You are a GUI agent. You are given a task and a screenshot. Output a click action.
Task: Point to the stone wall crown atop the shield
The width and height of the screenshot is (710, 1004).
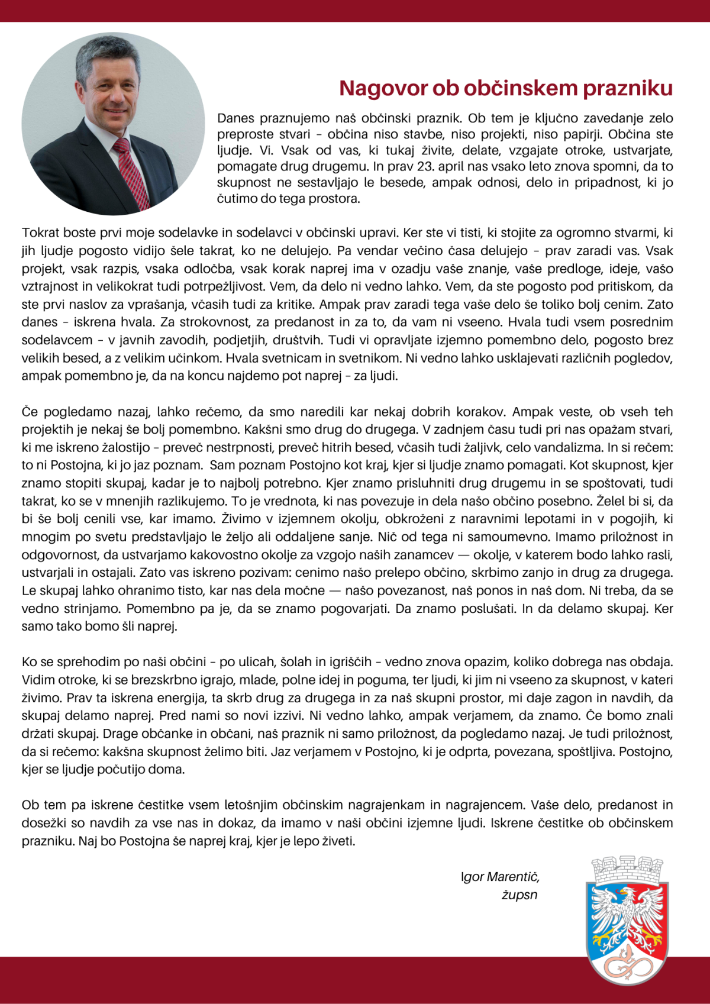point(627,869)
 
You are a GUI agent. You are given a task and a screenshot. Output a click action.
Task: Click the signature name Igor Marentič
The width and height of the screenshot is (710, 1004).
point(500,877)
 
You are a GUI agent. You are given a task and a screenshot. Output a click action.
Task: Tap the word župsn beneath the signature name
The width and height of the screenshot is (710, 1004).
point(519,895)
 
